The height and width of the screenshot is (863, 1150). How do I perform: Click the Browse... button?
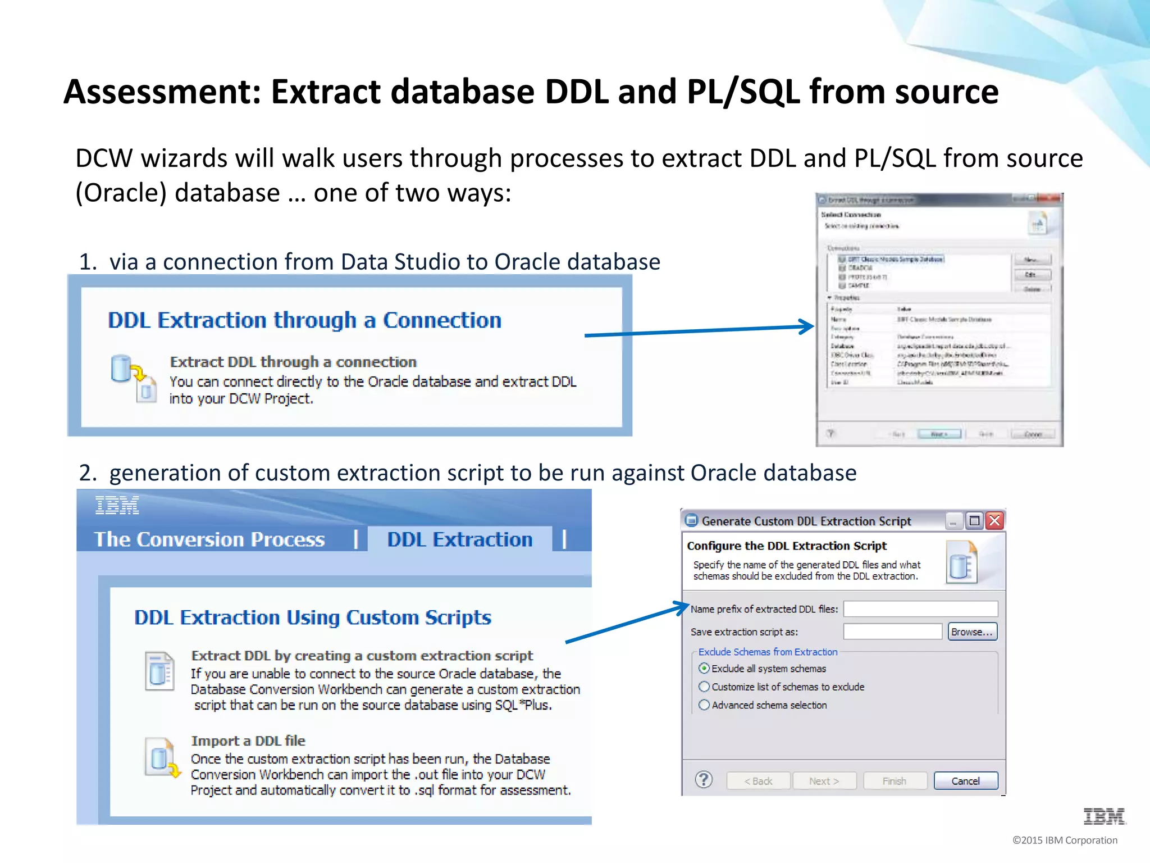[x=972, y=632]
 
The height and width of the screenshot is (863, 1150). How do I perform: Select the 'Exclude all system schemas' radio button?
[x=704, y=669]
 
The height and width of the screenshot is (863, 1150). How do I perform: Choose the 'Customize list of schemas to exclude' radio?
[x=704, y=687]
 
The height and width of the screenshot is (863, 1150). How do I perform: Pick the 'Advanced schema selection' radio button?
[x=704, y=705]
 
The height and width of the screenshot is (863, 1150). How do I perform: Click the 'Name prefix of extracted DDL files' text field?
[x=920, y=609]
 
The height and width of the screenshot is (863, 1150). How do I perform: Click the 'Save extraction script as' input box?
[x=892, y=632]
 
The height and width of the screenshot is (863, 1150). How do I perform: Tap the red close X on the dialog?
[x=994, y=521]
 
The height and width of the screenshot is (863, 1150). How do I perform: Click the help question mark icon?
[x=704, y=780]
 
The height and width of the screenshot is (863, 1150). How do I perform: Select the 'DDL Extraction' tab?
[x=460, y=539]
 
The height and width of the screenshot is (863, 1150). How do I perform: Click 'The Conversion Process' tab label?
[x=209, y=539]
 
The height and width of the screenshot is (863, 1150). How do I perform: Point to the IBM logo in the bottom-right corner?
[x=1104, y=816]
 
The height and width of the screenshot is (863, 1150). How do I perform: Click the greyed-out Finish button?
[x=895, y=781]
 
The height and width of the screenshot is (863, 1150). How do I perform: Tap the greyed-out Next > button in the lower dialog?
[x=824, y=781]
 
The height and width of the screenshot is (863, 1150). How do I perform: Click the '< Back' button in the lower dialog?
[x=758, y=781]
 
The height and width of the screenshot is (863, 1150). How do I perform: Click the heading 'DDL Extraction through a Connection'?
[x=304, y=320]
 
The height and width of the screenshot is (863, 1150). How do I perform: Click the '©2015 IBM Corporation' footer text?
[x=1065, y=840]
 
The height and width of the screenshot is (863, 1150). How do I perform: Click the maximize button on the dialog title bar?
[x=974, y=521]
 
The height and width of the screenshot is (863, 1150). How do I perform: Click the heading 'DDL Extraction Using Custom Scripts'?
[x=313, y=617]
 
